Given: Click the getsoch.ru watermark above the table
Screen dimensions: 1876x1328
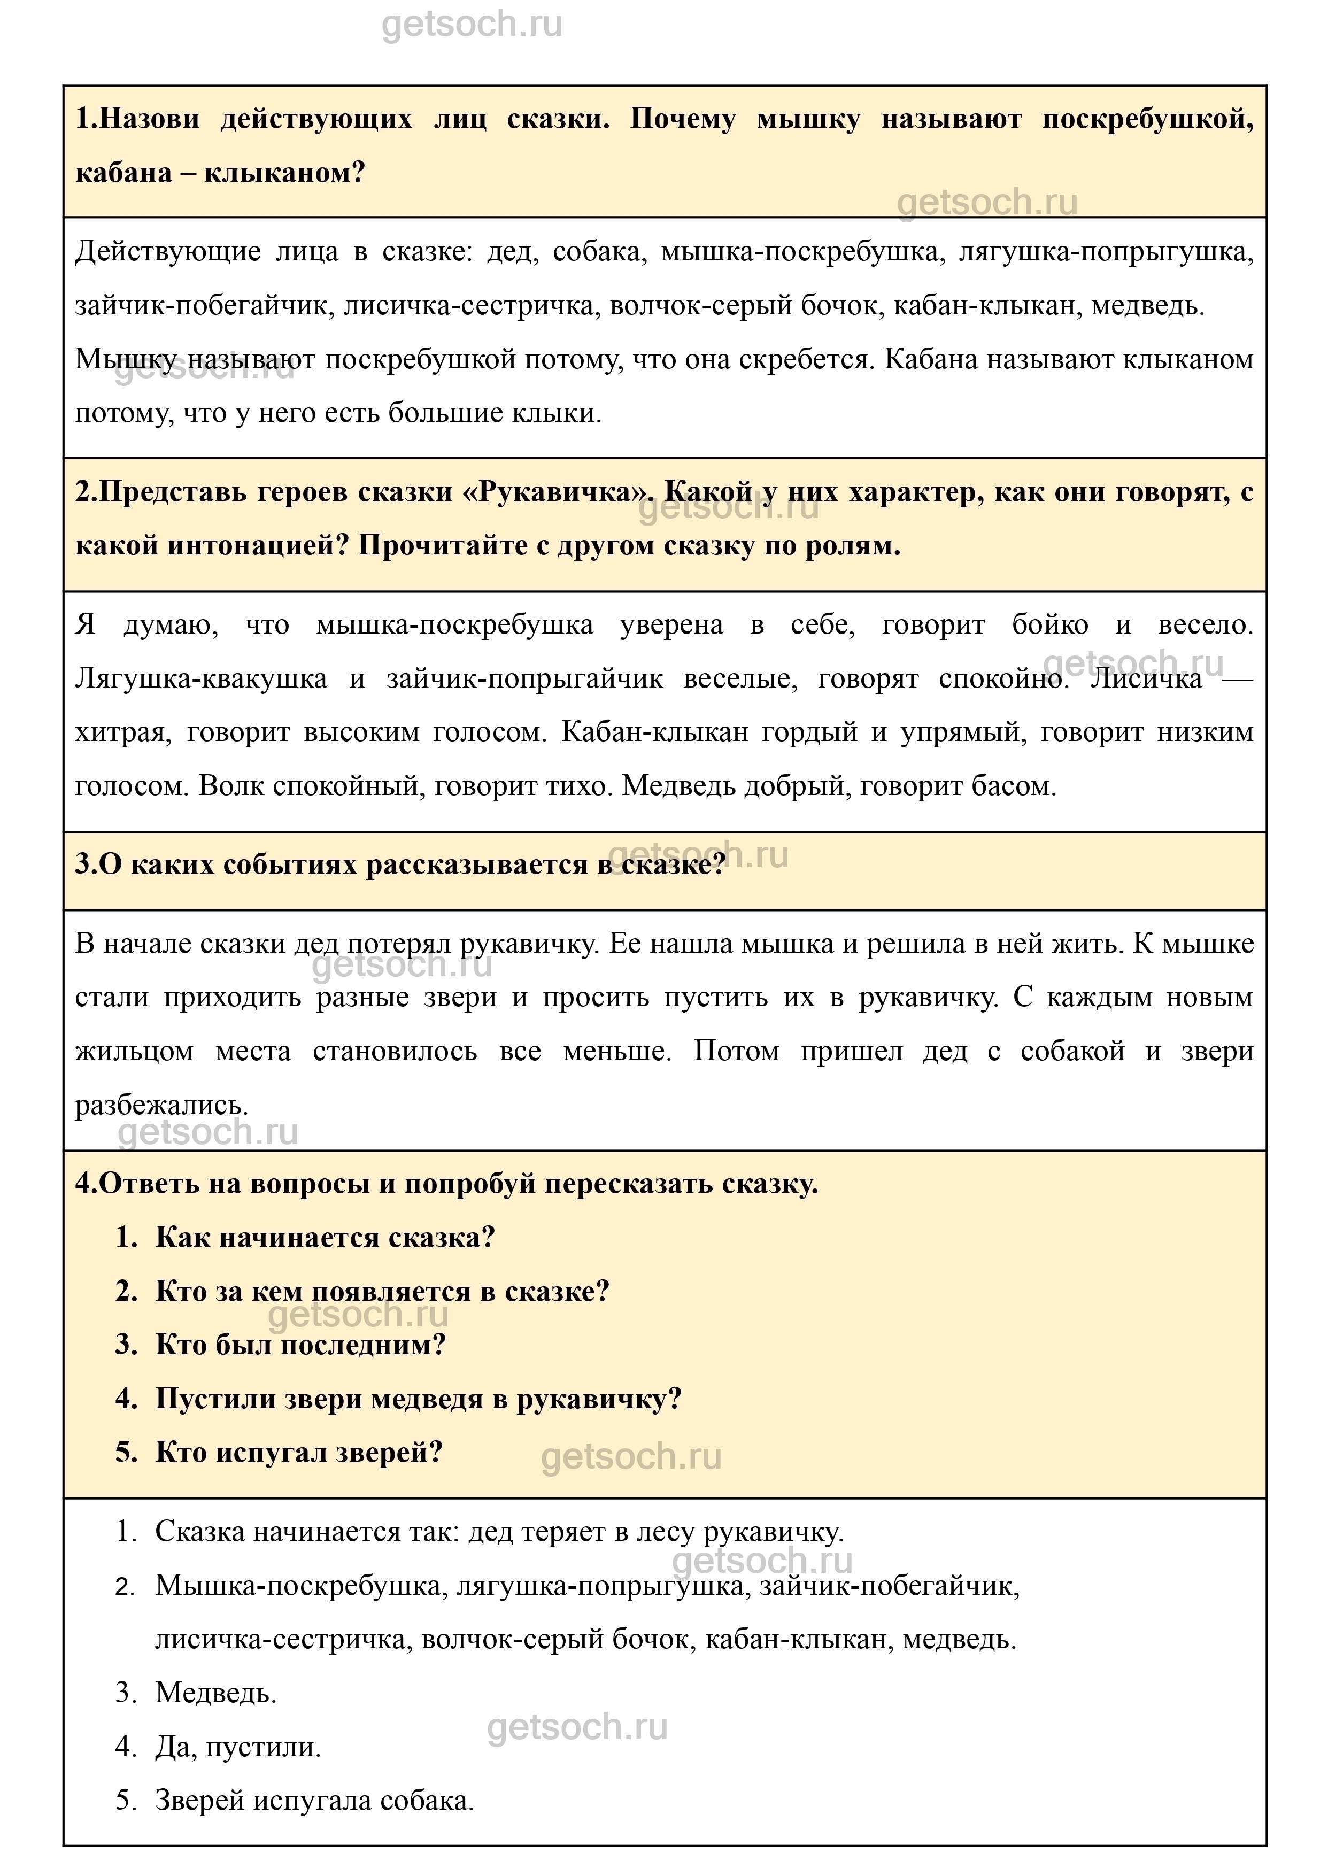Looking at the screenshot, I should click(x=472, y=25).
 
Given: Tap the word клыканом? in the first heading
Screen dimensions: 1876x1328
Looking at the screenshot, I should click(x=284, y=173).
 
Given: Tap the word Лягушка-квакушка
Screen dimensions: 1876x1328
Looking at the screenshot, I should click(x=201, y=679).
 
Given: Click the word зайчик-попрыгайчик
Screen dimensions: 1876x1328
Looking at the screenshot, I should click(x=524, y=679).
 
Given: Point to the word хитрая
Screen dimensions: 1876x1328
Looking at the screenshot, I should click(x=122, y=733).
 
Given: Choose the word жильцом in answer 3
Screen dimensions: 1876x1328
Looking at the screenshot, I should click(x=134, y=1052).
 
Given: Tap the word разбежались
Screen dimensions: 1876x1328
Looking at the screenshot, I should click(x=161, y=1106).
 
